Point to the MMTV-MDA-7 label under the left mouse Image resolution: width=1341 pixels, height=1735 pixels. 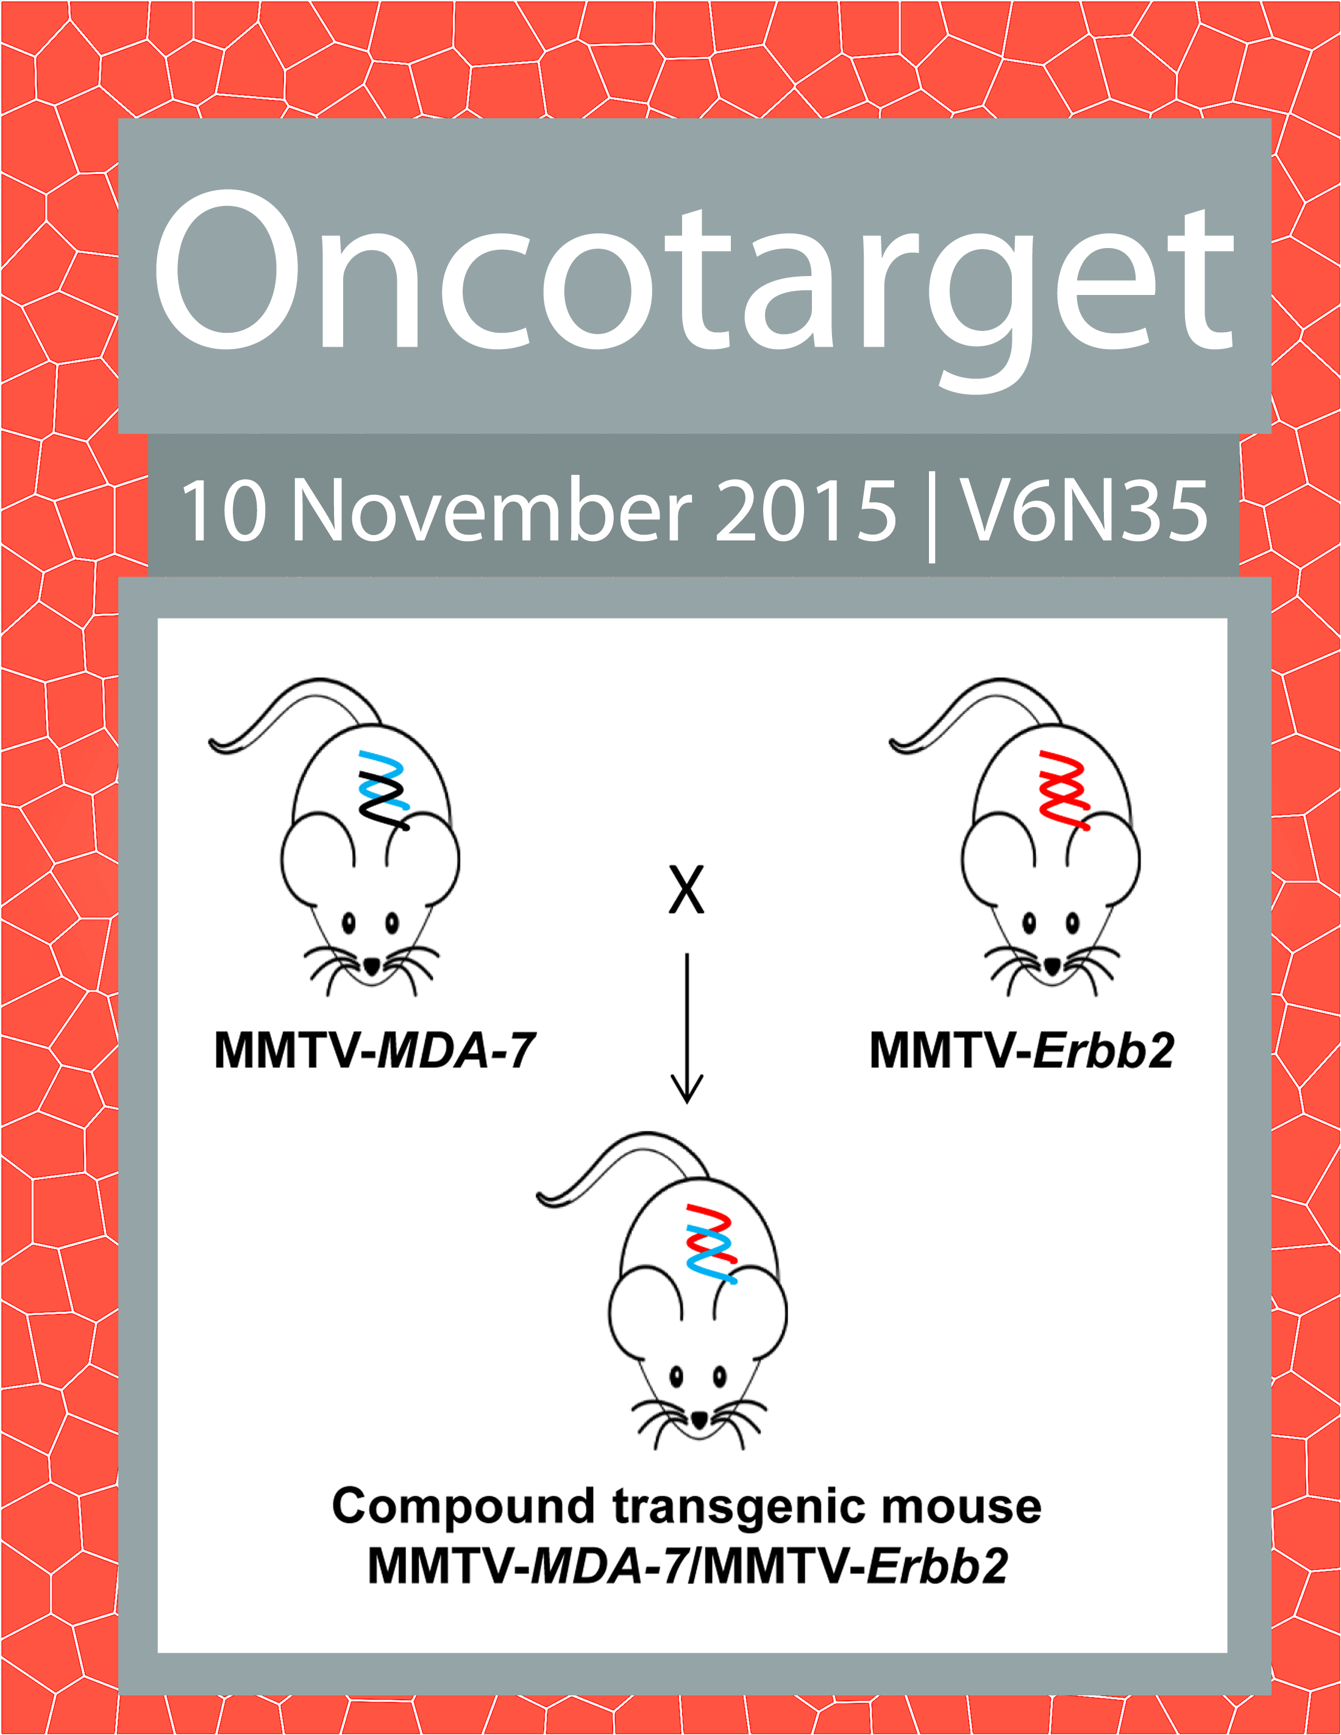[x=375, y=1050]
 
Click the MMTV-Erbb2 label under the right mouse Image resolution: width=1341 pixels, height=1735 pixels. [x=1022, y=1050]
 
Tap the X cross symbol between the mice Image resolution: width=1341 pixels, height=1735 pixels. [x=686, y=890]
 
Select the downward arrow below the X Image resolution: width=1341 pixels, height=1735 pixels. [x=687, y=1028]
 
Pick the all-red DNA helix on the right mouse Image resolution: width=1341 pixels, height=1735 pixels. [x=1064, y=790]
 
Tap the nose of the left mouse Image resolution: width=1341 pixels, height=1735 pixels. [x=372, y=967]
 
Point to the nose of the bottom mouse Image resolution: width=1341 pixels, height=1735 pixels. [x=699, y=1419]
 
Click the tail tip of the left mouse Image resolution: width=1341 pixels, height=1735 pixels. [x=212, y=743]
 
